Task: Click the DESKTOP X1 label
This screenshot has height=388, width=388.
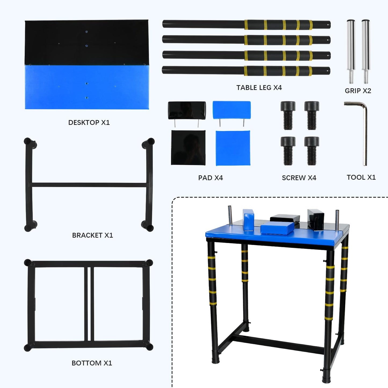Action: pos(89,122)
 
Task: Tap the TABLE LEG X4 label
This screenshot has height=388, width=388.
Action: pos(259,88)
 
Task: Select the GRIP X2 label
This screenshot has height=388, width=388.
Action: pos(358,91)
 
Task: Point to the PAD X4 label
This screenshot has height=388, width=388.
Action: pos(211,178)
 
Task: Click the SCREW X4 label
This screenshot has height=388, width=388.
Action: pos(299,178)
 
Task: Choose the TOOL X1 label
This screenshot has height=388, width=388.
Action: pos(361,177)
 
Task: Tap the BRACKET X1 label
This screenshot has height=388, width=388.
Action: pos(92,235)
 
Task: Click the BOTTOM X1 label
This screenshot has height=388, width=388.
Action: pos(92,363)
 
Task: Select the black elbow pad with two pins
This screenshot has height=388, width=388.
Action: pos(187,110)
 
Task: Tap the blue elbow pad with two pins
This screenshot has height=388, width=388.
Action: pos(231,110)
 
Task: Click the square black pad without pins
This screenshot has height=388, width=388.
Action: pos(188,148)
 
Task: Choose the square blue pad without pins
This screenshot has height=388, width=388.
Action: pos(233,148)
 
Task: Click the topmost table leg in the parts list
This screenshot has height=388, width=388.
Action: pos(246,24)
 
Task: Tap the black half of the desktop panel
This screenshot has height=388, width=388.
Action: pos(86,42)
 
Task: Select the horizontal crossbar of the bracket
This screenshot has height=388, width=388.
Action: pos(89,185)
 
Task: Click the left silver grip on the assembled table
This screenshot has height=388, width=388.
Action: pos(230,215)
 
